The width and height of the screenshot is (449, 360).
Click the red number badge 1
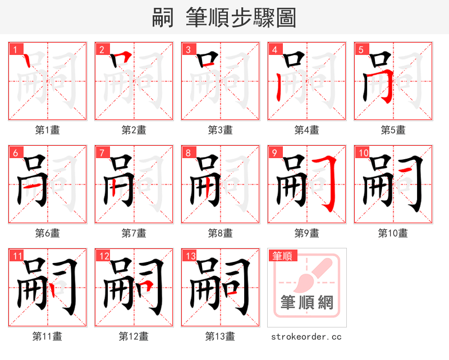point(15,50)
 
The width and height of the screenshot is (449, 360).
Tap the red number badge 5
point(360,50)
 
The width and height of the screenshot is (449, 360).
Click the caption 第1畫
point(47,130)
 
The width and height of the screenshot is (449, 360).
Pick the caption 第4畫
point(306,130)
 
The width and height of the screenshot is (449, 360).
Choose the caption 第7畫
point(134,233)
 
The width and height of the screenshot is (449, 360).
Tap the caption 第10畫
point(393,233)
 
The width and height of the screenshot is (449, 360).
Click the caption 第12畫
point(134,336)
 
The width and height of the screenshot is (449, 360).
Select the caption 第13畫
point(220,336)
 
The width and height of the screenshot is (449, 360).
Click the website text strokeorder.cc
point(306,336)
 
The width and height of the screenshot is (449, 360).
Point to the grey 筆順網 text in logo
point(307,303)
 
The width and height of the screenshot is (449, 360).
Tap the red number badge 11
point(17,256)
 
